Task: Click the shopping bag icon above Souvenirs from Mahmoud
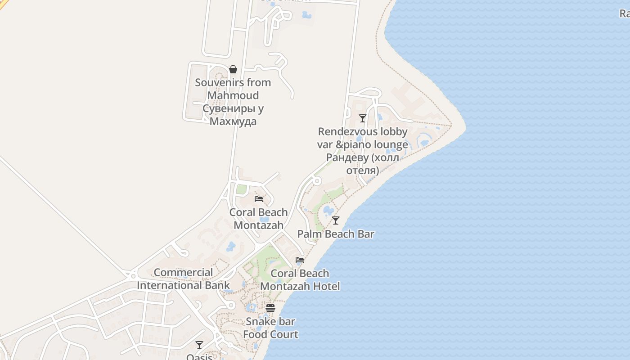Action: (233, 69)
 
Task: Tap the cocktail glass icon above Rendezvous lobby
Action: (363, 118)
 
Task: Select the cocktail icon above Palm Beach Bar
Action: (336, 220)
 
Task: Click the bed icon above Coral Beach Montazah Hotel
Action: (300, 260)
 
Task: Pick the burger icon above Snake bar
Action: (270, 308)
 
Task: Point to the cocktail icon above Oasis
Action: (199, 345)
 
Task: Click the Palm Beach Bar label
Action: (336, 234)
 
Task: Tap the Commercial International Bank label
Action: (183, 279)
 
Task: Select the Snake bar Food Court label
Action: (270, 328)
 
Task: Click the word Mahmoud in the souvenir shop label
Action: (233, 95)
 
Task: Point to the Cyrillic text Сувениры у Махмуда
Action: (233, 115)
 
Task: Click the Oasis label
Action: (199, 357)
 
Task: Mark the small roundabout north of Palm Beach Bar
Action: (317, 181)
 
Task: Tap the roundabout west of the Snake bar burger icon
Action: (231, 306)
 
